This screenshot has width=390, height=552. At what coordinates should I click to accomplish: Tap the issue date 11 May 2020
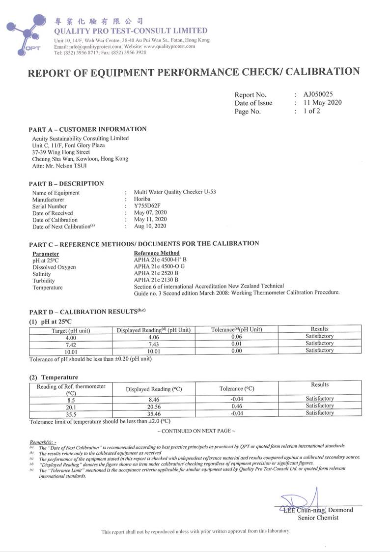click(x=322, y=103)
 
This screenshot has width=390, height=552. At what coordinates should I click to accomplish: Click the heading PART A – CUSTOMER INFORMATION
click(x=87, y=129)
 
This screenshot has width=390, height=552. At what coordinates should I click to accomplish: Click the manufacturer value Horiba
click(x=142, y=200)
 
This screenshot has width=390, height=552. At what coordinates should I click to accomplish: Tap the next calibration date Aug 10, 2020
click(x=150, y=226)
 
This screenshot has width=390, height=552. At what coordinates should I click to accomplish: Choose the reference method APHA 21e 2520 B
click(x=156, y=273)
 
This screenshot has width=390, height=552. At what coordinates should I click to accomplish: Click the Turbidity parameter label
click(x=44, y=281)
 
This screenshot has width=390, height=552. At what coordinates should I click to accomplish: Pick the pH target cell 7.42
click(x=71, y=344)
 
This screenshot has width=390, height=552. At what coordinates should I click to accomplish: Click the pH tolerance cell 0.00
click(x=236, y=351)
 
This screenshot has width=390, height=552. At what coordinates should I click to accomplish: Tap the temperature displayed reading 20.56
click(x=154, y=406)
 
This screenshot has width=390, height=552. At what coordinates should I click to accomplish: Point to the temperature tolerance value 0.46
click(x=236, y=406)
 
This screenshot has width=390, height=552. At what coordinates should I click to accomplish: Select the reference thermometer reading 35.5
click(x=71, y=413)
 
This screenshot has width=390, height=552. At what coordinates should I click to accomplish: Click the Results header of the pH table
click(x=319, y=329)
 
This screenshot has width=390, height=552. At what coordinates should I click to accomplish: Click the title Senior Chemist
click(x=318, y=518)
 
